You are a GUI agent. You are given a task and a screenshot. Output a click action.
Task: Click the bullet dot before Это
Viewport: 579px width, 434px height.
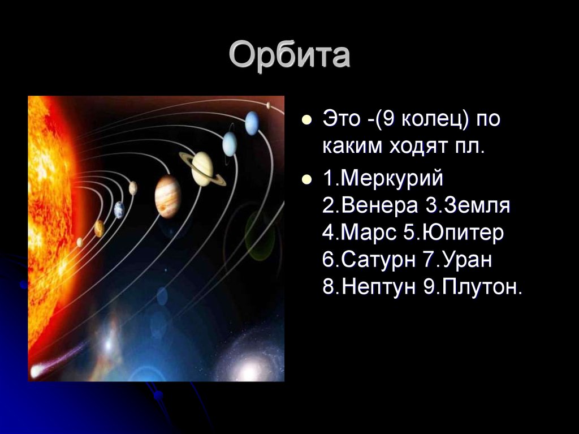(x=306, y=121)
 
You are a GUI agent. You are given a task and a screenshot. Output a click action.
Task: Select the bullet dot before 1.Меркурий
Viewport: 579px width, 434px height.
(x=306, y=181)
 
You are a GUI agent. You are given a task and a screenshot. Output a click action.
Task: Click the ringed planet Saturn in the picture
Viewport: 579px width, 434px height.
(x=202, y=169)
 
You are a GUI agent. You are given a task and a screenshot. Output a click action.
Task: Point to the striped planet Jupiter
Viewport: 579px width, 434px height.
(x=167, y=196)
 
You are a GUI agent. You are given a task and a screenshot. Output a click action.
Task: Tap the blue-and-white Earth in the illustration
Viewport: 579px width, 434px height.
(x=119, y=210)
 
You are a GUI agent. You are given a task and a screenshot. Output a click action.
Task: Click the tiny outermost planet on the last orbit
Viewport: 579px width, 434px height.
(x=267, y=105)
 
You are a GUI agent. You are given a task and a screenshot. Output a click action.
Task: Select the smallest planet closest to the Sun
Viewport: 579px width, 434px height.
(x=80, y=242)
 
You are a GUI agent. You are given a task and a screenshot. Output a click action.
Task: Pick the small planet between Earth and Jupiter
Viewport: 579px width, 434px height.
(x=133, y=188)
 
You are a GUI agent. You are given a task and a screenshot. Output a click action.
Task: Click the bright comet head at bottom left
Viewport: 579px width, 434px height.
(x=37, y=371)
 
